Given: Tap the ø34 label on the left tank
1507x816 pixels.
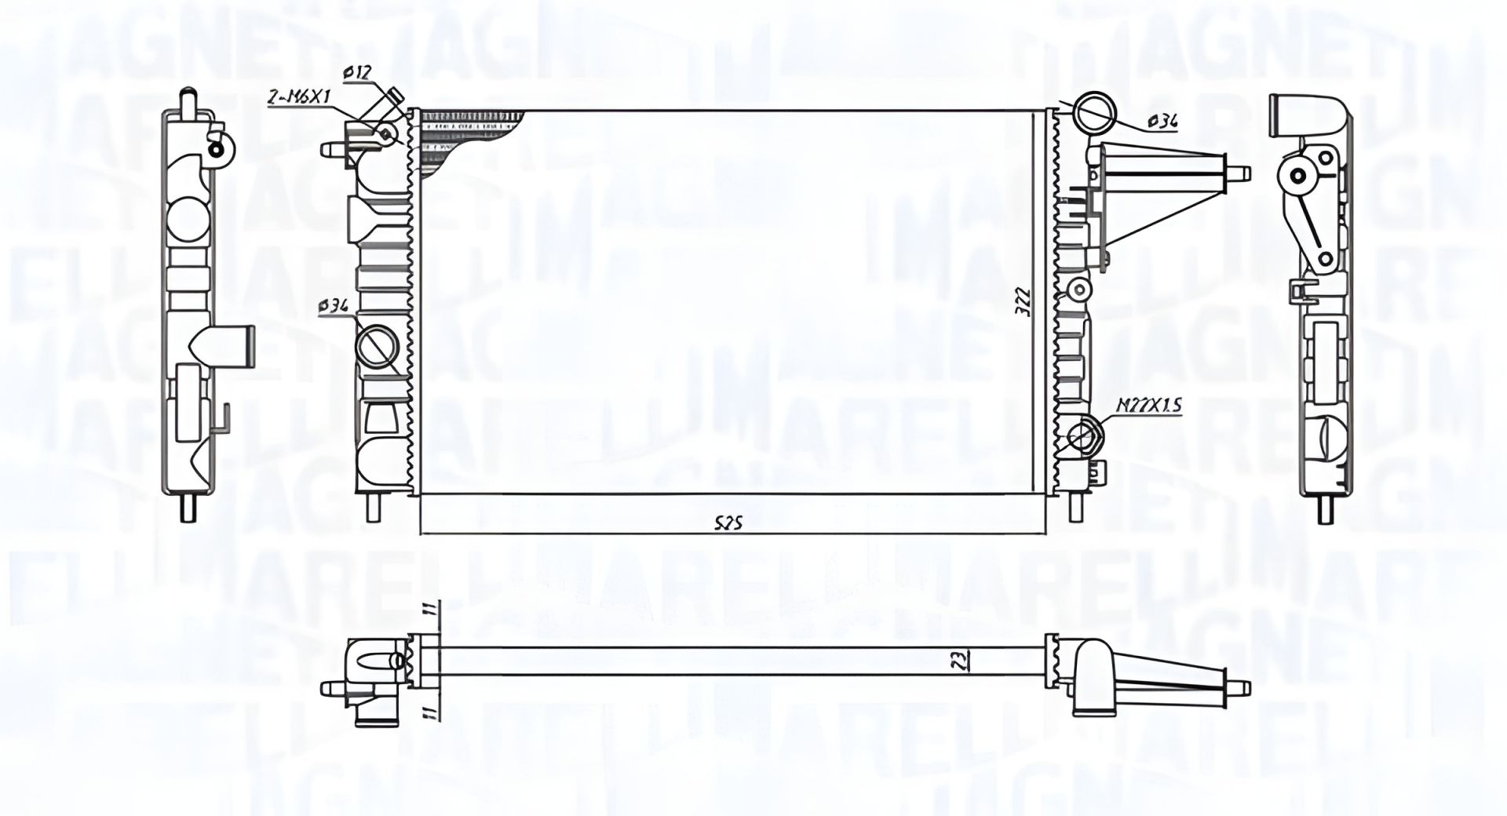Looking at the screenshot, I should tap(334, 308).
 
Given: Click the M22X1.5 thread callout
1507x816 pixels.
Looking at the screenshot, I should tap(1149, 406).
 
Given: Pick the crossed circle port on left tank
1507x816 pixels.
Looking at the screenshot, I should tap(377, 345).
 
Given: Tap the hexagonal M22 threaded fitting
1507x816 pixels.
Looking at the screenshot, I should tap(1085, 436).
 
